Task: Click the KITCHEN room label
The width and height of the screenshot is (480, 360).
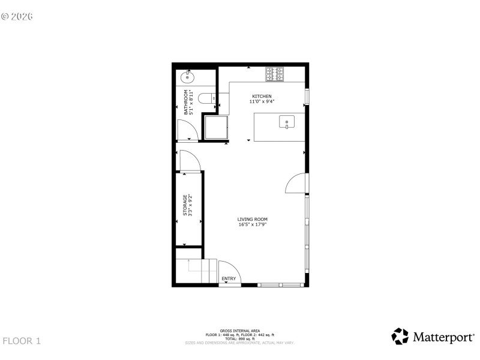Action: coord(262,97)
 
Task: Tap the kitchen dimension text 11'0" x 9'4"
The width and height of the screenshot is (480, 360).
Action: coord(262,102)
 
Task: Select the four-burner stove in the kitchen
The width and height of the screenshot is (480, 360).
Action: coord(275,74)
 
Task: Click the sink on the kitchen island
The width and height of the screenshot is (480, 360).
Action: coord(287,123)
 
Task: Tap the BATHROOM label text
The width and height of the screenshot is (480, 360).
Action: coord(186,102)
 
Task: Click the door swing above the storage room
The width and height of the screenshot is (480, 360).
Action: coord(188,161)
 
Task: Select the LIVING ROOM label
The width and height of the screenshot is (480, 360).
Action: coord(252,220)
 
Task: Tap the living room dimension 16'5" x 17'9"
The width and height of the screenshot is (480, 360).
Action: coord(252,225)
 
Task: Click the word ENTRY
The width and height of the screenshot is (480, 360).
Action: coord(229,279)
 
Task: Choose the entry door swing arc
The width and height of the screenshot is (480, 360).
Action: coord(229,271)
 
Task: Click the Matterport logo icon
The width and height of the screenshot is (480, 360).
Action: coord(400,336)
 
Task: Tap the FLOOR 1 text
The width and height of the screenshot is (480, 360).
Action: coord(22,341)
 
